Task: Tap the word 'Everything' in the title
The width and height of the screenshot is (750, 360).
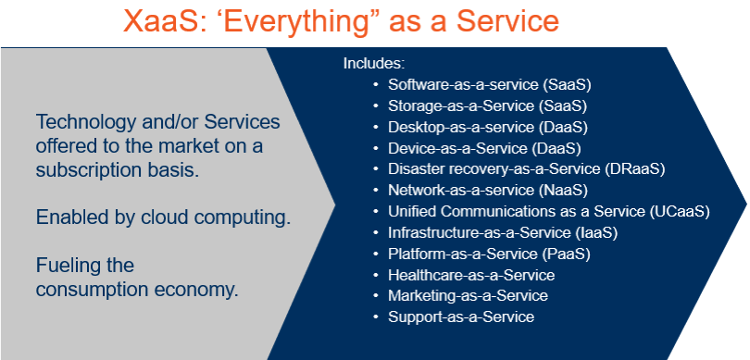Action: [295, 21]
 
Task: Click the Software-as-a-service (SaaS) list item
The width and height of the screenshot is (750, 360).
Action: [489, 84]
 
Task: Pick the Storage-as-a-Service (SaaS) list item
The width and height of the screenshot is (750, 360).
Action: [487, 106]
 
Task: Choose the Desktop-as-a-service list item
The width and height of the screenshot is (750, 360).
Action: [487, 127]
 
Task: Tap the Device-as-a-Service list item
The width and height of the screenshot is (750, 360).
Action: [484, 148]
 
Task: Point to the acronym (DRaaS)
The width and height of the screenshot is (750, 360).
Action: [634, 168]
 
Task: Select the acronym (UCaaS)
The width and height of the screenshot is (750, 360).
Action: [680, 211]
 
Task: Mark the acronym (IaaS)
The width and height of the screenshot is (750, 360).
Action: [595, 233]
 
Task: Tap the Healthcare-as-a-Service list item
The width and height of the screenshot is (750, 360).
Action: [471, 276]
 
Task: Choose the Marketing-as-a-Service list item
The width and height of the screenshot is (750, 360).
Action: [468, 296]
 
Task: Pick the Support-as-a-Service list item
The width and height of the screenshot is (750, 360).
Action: [461, 317]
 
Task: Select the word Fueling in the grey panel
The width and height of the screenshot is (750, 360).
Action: [66, 266]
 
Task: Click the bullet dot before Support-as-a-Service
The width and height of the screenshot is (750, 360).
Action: [377, 317]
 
